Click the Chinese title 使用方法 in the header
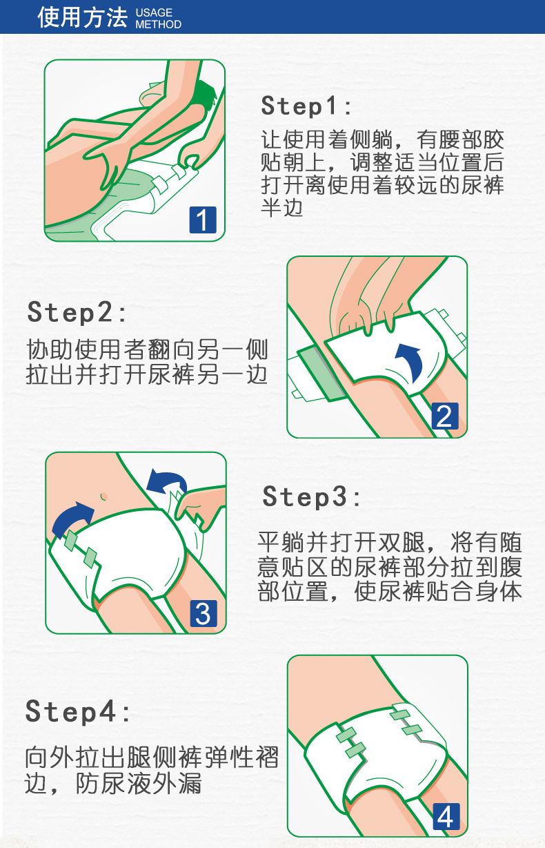[x=82, y=17]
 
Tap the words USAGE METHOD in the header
[x=158, y=18]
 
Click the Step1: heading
[x=306, y=106]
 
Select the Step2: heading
[x=77, y=313]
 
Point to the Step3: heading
[x=311, y=497]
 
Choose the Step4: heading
[x=77, y=712]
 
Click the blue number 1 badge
[x=203, y=220]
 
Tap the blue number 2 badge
[x=445, y=416]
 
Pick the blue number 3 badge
[x=204, y=613]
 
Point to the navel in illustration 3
[x=103, y=497]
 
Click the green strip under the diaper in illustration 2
[x=321, y=373]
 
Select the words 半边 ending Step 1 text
[x=282, y=208]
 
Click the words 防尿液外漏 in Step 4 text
[x=139, y=783]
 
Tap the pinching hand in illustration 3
[x=201, y=505]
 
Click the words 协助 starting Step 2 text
[x=49, y=349]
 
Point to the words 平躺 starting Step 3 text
[x=281, y=543]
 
